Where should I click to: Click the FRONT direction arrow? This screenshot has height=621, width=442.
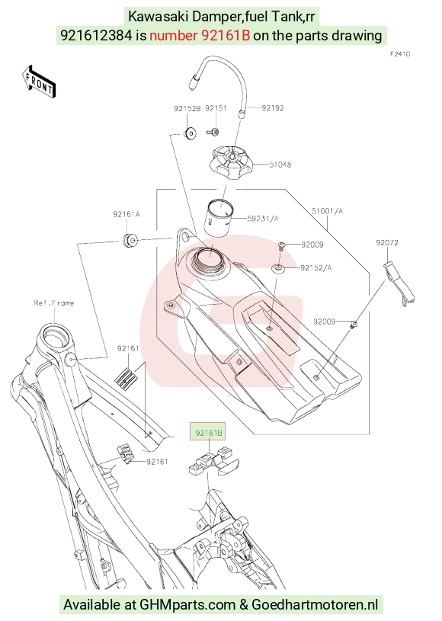tap(38, 82)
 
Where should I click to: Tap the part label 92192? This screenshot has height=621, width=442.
tap(273, 107)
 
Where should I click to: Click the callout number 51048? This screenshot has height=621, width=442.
tap(280, 165)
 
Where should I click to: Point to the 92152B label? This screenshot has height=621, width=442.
tap(187, 108)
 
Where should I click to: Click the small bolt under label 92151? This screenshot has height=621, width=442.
tap(213, 132)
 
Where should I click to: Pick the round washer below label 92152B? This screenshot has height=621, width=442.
tap(190, 133)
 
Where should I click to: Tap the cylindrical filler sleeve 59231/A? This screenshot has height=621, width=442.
tap(218, 218)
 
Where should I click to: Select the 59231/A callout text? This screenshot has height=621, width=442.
tap(263, 218)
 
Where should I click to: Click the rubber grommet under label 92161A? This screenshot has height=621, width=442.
tap(130, 241)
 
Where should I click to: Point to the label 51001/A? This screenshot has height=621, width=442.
tap(327, 211)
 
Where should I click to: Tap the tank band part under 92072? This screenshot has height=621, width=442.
tap(399, 283)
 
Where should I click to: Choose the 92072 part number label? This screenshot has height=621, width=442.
tap(387, 242)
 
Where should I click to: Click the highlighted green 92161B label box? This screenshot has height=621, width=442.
tap(207, 432)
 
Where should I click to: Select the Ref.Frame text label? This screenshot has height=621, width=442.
tap(54, 303)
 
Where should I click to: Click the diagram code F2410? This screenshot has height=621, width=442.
tap(400, 54)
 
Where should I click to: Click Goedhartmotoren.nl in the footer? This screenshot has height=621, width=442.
tap(315, 605)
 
